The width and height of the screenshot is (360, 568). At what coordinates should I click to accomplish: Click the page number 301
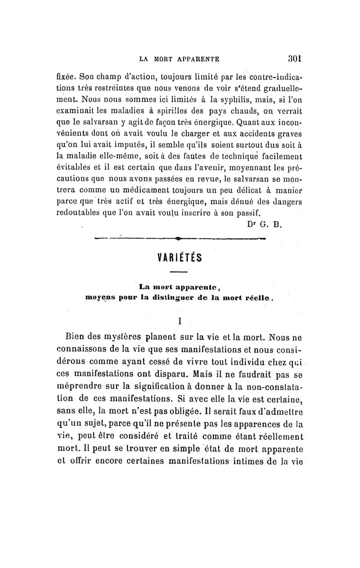click(294, 58)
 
